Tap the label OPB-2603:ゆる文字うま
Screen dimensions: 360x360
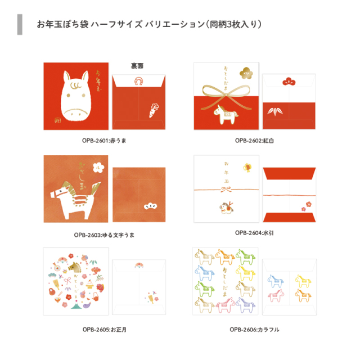click(x=104, y=233)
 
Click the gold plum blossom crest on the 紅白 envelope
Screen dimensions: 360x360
click(x=249, y=73)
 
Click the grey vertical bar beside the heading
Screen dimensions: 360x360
click(x=20, y=25)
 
